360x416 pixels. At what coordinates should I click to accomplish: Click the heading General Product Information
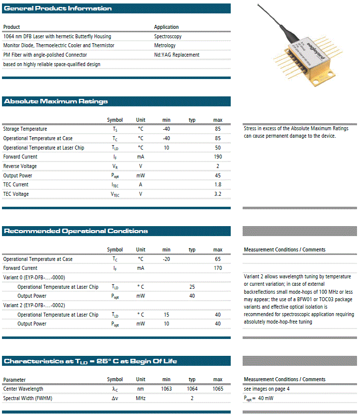pyautogui.click(x=58, y=8)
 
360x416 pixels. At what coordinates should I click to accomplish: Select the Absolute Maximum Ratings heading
pyautogui.click(x=56, y=101)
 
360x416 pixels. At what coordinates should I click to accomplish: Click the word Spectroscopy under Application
pyautogui.click(x=168, y=36)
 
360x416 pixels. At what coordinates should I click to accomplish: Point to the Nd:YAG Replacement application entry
pyautogui.click(x=177, y=55)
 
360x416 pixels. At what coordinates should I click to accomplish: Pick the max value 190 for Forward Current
pyautogui.click(x=218, y=157)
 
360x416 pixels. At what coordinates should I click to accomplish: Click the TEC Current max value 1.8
pyautogui.click(x=218, y=185)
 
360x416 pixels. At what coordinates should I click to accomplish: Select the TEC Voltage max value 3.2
pyautogui.click(x=218, y=194)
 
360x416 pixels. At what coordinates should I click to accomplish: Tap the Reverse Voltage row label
pyautogui.click(x=20, y=166)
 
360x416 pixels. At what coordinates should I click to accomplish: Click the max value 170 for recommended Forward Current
pyautogui.click(x=218, y=268)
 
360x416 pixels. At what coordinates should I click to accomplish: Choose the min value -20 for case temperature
pyautogui.click(x=167, y=259)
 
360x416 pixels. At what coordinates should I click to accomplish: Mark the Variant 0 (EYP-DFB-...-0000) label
pyautogui.click(x=34, y=277)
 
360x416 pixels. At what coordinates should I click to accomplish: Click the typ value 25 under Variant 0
pyautogui.click(x=192, y=287)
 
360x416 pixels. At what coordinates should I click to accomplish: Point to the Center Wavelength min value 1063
pyautogui.click(x=167, y=389)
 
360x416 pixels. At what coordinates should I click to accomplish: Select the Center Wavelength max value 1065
pyautogui.click(x=218, y=389)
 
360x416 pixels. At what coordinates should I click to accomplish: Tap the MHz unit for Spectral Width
pyautogui.click(x=141, y=398)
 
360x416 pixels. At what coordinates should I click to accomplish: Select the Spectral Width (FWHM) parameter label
pyautogui.click(x=27, y=398)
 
